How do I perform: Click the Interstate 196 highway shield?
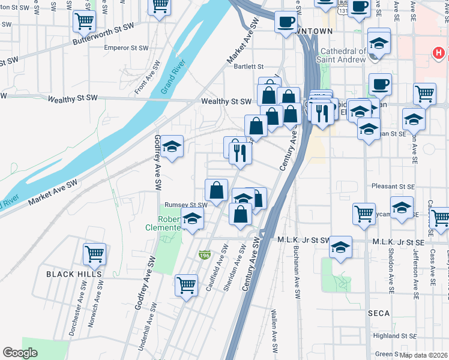[205, 255]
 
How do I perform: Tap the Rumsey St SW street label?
[186, 205]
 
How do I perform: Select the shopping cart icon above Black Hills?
[94, 254]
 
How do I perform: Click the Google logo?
[20, 353]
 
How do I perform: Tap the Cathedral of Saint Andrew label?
[343, 55]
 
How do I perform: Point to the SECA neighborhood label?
[379, 313]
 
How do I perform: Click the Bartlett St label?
[249, 67]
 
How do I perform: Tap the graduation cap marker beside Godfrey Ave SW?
[172, 146]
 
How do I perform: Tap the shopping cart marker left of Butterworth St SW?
[84, 22]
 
